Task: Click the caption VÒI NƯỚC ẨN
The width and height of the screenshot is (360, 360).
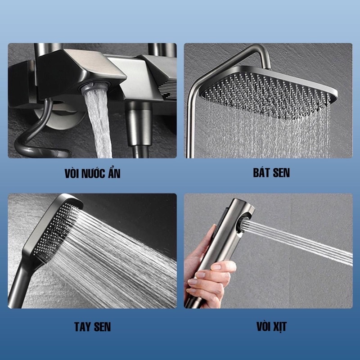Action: [92, 173]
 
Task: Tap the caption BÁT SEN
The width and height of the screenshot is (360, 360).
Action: [271, 172]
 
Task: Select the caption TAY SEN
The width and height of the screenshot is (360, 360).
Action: [93, 327]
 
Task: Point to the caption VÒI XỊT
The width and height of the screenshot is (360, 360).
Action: [272, 327]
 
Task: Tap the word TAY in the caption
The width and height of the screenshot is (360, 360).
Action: [82, 327]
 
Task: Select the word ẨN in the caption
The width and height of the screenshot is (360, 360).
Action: [114, 173]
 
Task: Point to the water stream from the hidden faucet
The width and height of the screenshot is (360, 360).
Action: [99, 124]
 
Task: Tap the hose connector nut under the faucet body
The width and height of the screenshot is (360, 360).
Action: [139, 124]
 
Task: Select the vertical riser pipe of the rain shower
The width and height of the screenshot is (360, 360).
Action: [190, 124]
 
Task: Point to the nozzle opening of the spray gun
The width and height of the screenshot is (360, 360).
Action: [244, 223]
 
